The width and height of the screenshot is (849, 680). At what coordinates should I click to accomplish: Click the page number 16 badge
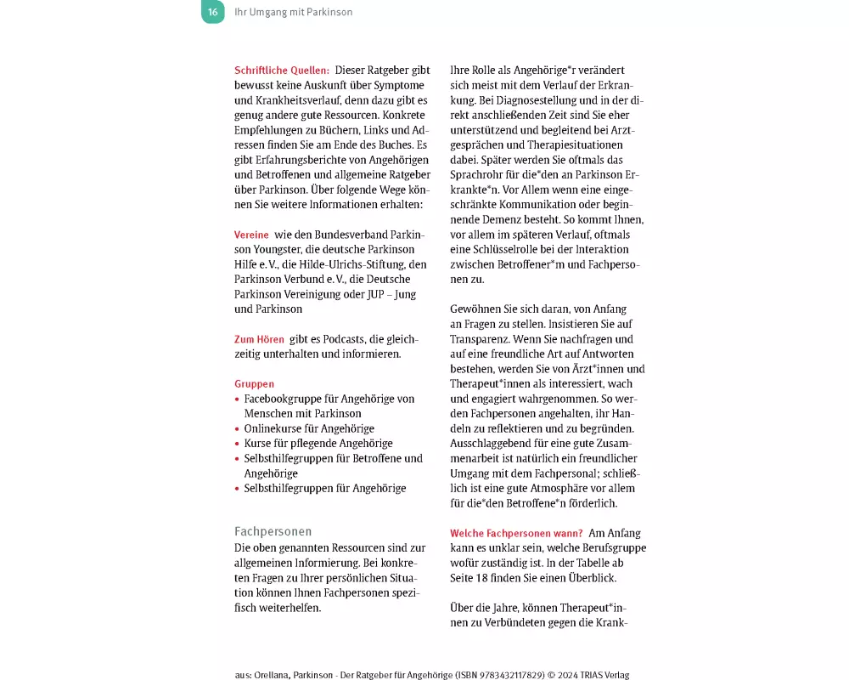pos(213,12)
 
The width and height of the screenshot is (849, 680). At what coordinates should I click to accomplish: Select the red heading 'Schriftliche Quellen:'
pos(282,71)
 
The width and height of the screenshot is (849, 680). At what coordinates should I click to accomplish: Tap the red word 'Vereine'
pos(251,235)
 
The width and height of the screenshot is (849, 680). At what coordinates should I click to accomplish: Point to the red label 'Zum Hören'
pos(259,339)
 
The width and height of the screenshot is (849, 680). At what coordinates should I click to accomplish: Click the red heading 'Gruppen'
pos(255,384)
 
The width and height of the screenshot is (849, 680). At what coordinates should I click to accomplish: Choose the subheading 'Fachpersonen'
pos(273,531)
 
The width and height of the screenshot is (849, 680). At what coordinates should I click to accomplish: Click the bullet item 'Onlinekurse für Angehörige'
pos(309,428)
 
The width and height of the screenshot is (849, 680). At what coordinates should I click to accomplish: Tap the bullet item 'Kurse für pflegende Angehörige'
pos(318,444)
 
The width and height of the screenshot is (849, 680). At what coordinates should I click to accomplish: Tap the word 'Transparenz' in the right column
pos(481,338)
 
